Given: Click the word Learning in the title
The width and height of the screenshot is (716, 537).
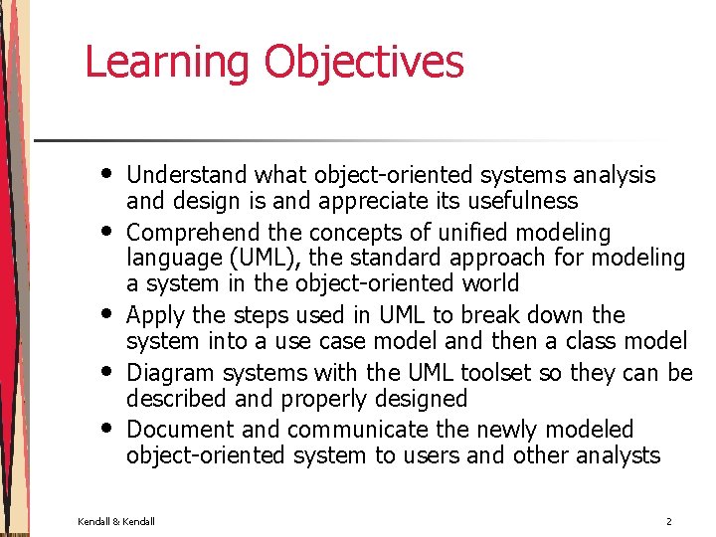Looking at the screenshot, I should pyautogui.click(x=168, y=62).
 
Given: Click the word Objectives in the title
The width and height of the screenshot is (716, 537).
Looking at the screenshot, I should pyautogui.click(x=363, y=62).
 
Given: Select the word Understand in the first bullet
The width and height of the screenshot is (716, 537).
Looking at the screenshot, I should pyautogui.click(x=187, y=175).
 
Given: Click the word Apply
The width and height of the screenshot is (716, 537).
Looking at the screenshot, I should pyautogui.click(x=156, y=316).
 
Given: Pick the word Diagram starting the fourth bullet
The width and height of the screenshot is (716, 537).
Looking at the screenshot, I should pyautogui.click(x=170, y=373).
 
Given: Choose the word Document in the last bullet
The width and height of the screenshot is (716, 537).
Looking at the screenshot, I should pyautogui.click(x=181, y=430).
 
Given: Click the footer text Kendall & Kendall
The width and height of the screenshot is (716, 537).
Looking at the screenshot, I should pyautogui.click(x=117, y=521).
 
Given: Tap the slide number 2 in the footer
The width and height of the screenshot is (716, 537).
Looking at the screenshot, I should pyautogui.click(x=669, y=521).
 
